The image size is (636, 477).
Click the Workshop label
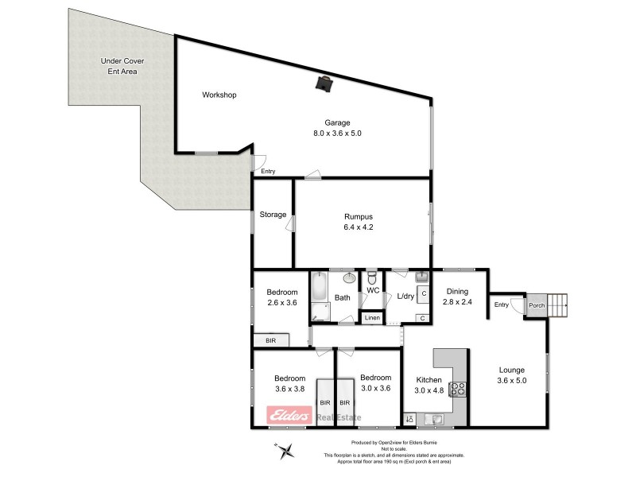click(x=219, y=95)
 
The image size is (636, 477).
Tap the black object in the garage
click(x=324, y=83)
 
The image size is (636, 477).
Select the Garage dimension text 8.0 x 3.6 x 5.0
click(x=343, y=134)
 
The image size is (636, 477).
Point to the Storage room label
click(x=273, y=215)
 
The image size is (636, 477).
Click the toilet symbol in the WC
click(x=371, y=280)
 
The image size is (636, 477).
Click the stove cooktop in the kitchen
click(x=458, y=390)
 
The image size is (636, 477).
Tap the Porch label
click(x=537, y=305)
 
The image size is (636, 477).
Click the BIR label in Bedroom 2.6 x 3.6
click(x=270, y=340)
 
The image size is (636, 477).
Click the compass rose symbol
click(x=288, y=451)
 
